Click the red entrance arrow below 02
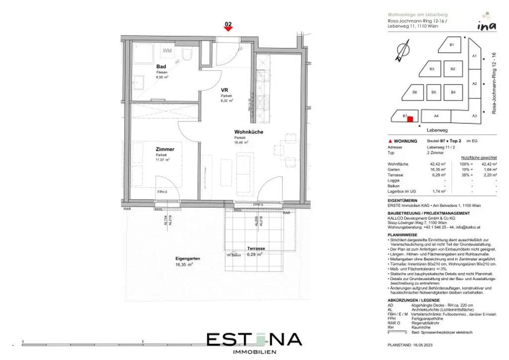[228, 29]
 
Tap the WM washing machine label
[167, 51]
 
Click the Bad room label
[161, 67]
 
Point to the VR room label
[225, 90]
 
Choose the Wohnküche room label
[249, 132]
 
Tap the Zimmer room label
[165, 149]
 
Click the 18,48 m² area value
[241, 142]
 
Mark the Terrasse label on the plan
[256, 248]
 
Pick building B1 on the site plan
[451, 45]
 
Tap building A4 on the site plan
[436, 116]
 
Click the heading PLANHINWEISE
[403, 234]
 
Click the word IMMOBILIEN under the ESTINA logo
[254, 352]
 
